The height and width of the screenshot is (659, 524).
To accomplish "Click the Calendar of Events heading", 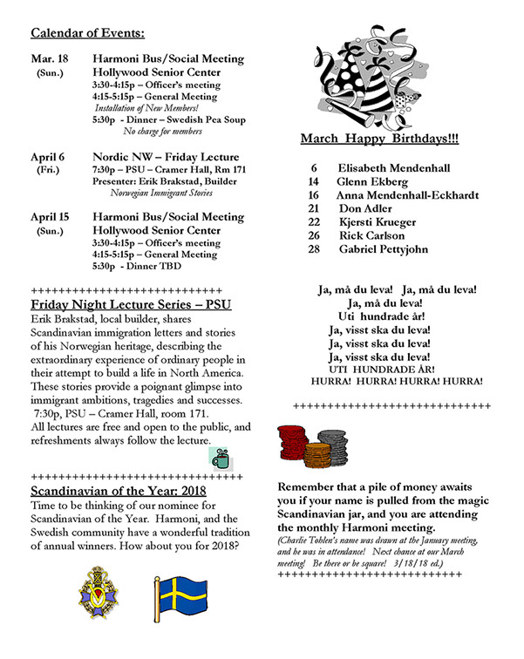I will point(87,33).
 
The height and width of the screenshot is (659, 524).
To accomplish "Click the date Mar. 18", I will point(48,58).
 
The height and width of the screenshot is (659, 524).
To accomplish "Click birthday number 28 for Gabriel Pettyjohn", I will point(315,250).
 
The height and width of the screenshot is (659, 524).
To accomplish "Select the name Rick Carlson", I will point(371,236).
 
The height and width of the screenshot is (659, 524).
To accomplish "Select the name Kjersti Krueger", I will point(378,222).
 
